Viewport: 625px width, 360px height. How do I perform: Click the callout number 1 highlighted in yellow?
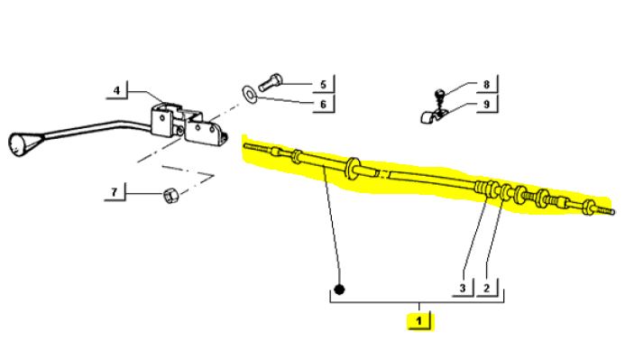coord(418,319)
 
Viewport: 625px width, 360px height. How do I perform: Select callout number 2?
coord(487,289)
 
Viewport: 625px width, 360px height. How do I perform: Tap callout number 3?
coord(461,289)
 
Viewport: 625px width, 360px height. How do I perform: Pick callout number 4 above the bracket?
coord(116,90)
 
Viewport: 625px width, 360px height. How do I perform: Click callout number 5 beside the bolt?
coord(320,86)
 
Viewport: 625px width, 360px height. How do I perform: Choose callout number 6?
coord(320,105)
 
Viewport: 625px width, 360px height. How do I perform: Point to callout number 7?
coord(115,191)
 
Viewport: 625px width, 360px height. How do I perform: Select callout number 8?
coord(485,86)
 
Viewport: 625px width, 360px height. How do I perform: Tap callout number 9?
coord(485,105)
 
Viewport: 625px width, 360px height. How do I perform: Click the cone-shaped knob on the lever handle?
coord(20,143)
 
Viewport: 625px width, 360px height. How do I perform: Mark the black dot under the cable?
coord(340,291)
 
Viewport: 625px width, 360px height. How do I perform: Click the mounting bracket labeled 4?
coord(180,122)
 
